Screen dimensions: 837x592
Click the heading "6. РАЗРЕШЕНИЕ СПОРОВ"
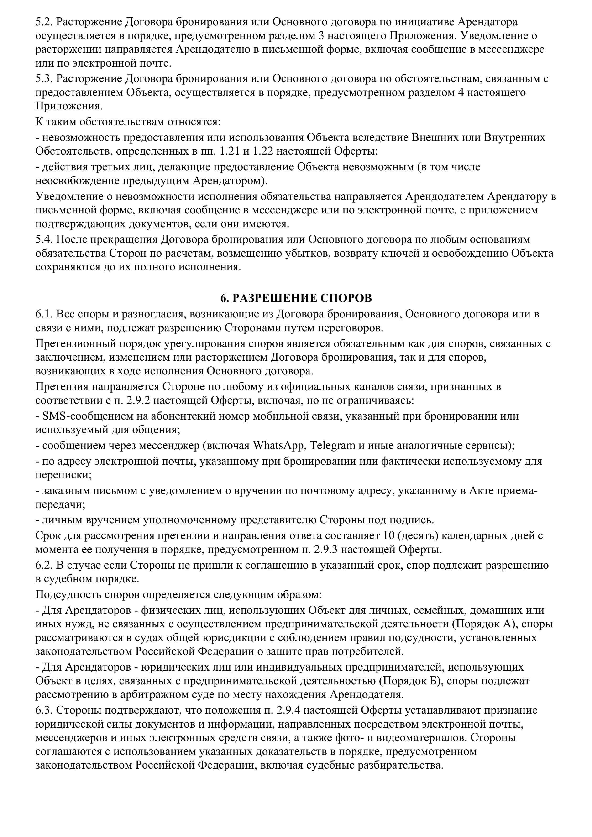296,298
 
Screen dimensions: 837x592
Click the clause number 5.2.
44,22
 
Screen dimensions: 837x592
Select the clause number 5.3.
44,79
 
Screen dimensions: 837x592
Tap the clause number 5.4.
44,239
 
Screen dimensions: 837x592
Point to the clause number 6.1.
44,314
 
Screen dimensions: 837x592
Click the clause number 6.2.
44,565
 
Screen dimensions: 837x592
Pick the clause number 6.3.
44,710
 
